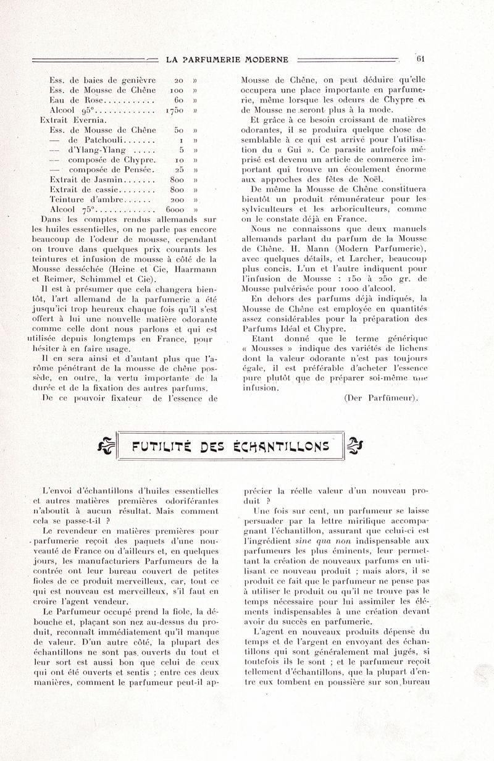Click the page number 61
coord(422,59)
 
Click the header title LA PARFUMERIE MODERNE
coord(228,60)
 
